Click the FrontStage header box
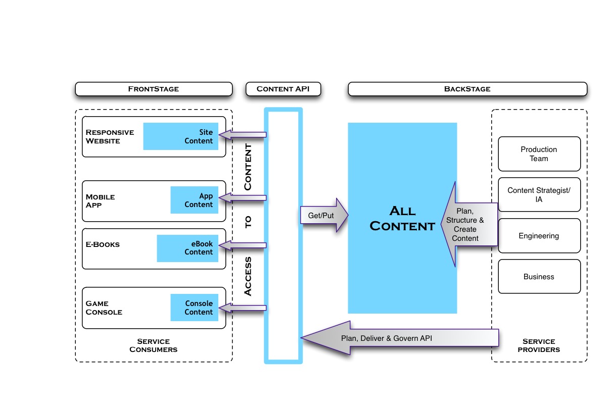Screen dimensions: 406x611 pos(154,89)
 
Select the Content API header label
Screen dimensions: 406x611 pos(284,89)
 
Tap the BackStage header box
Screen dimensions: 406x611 pos(467,89)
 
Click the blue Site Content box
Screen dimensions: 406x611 pos(181,136)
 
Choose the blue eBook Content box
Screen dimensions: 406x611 pos(187,248)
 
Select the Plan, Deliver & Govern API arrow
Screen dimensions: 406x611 pos(399,338)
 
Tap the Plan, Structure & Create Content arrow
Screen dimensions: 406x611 pos(467,224)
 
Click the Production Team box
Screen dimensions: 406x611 pos(539,154)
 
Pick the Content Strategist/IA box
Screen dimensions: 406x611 pos(539,194)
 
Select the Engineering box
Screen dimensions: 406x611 pos(539,236)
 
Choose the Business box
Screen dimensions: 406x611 pos(539,277)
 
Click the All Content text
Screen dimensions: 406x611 pos(402,218)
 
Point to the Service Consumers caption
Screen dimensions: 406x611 pos(154,345)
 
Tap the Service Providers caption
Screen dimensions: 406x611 pos(539,345)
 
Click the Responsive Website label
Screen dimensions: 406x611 pos(110,136)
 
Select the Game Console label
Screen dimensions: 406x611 pos(104,308)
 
